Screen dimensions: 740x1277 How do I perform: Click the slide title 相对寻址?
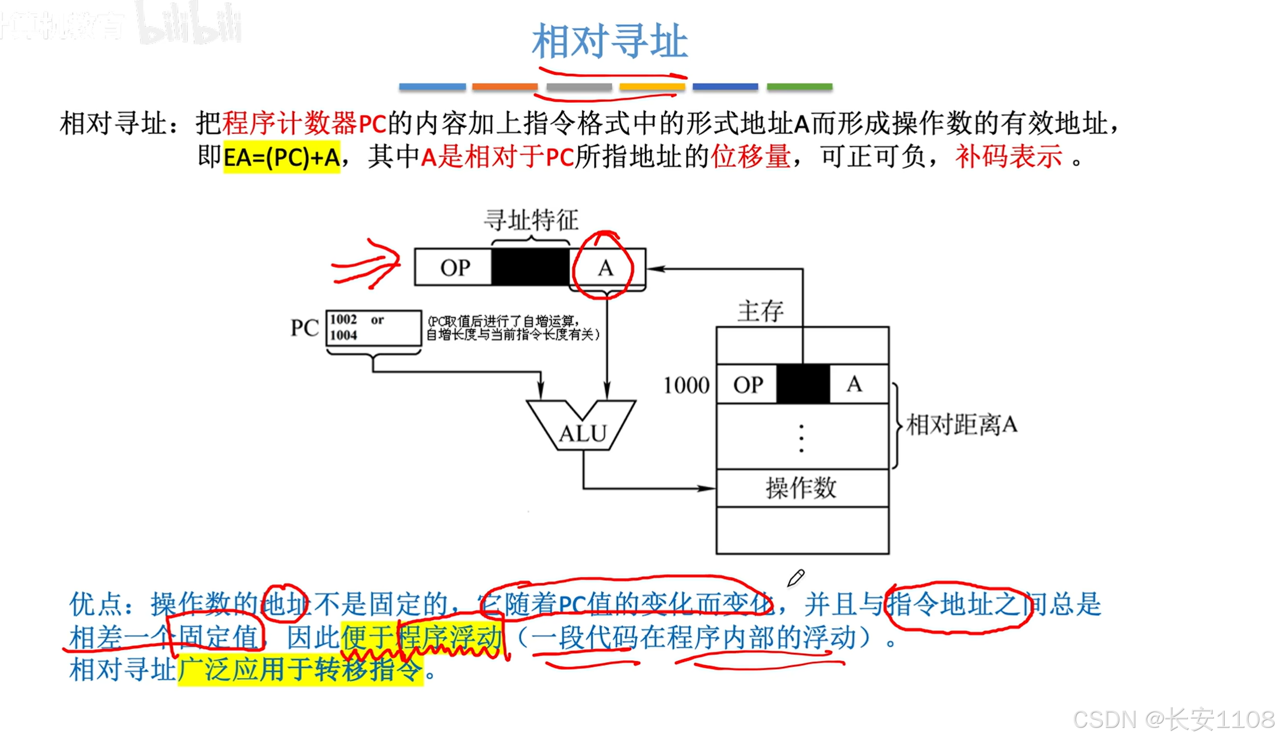click(609, 41)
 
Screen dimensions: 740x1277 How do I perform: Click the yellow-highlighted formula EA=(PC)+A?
click(281, 157)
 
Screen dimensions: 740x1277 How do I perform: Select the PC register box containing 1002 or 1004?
click(373, 328)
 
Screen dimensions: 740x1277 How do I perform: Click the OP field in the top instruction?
click(454, 267)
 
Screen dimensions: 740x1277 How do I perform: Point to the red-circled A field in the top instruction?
click(605, 268)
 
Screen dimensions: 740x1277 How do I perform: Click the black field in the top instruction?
click(530, 267)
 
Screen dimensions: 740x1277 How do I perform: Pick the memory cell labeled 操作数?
click(801, 488)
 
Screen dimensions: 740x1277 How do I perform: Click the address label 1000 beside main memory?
click(685, 385)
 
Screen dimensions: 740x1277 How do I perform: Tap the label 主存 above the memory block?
click(760, 311)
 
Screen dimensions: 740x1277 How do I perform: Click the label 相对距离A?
click(961, 425)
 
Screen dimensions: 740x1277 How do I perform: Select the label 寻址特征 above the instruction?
click(531, 220)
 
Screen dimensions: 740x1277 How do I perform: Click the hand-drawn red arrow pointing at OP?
click(367, 264)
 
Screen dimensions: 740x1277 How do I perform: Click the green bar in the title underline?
click(799, 87)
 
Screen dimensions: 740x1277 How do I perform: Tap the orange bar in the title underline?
click(504, 87)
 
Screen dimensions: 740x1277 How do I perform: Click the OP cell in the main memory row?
click(748, 385)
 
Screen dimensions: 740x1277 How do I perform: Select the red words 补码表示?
click(1008, 156)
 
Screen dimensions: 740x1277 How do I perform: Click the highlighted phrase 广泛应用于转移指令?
click(300, 669)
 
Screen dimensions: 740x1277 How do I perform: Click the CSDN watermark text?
click(1173, 719)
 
